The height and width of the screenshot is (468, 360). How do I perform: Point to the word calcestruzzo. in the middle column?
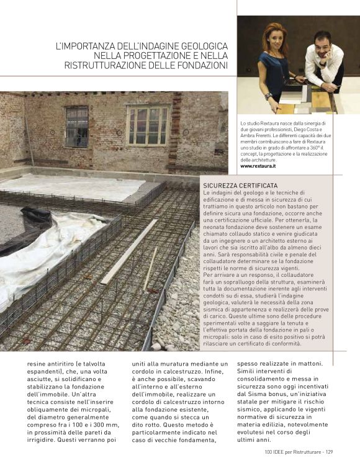tap(196, 374)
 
